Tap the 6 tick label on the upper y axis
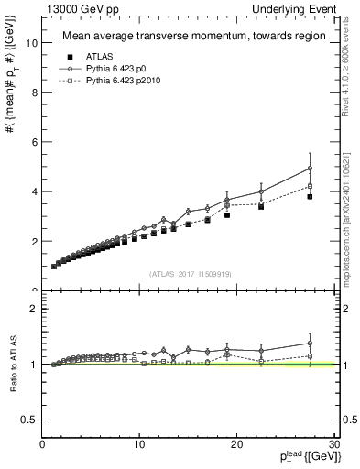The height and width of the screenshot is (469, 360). [x=34, y=142]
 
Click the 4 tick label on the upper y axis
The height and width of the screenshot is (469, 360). [x=34, y=191]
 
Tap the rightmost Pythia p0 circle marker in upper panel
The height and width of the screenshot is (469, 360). [x=311, y=168]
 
